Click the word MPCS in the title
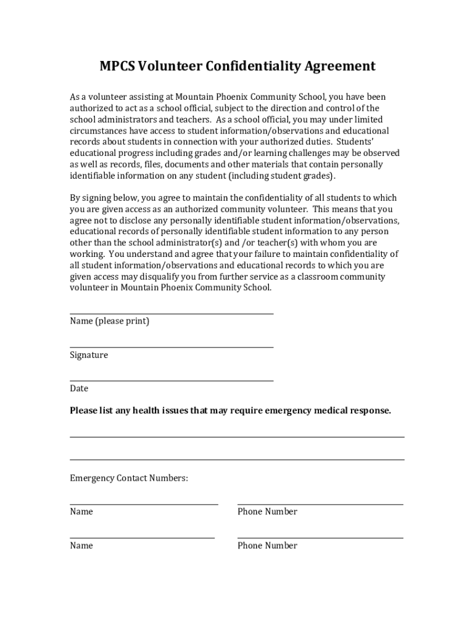click(118, 67)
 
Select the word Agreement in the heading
click(339, 67)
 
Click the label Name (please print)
click(109, 321)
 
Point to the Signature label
click(89, 355)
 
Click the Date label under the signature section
click(79, 388)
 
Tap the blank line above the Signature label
click(171, 347)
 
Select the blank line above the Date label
click(171, 381)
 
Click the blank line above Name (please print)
click(171, 314)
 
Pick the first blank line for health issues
click(237, 437)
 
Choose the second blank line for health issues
click(237, 459)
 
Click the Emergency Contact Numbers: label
click(129, 478)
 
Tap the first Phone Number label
click(267, 511)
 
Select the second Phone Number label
click(267, 545)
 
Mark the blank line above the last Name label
click(142, 538)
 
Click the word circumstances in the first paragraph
click(97, 131)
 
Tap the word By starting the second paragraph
click(75, 198)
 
